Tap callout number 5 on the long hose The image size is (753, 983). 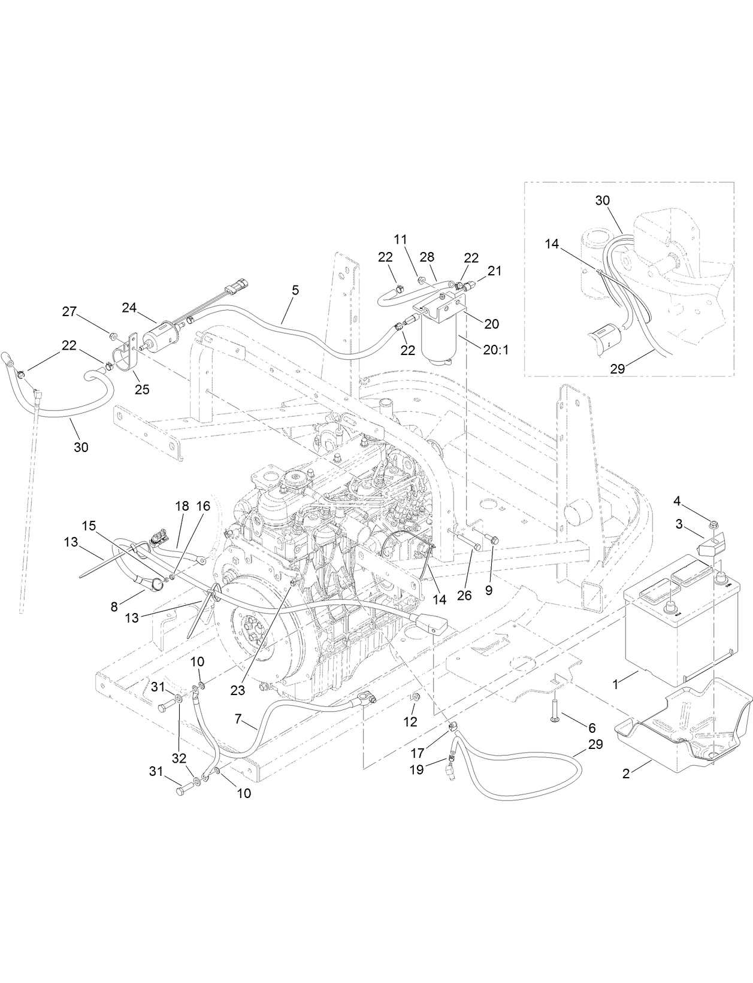(x=295, y=289)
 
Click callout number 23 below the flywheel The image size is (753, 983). (x=238, y=690)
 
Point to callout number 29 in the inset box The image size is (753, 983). (x=617, y=369)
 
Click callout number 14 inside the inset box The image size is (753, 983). (x=552, y=244)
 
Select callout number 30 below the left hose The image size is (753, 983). (x=81, y=447)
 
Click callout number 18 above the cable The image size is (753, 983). (x=182, y=506)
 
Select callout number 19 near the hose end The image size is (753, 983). (x=416, y=769)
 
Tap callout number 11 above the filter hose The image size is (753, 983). (x=400, y=239)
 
